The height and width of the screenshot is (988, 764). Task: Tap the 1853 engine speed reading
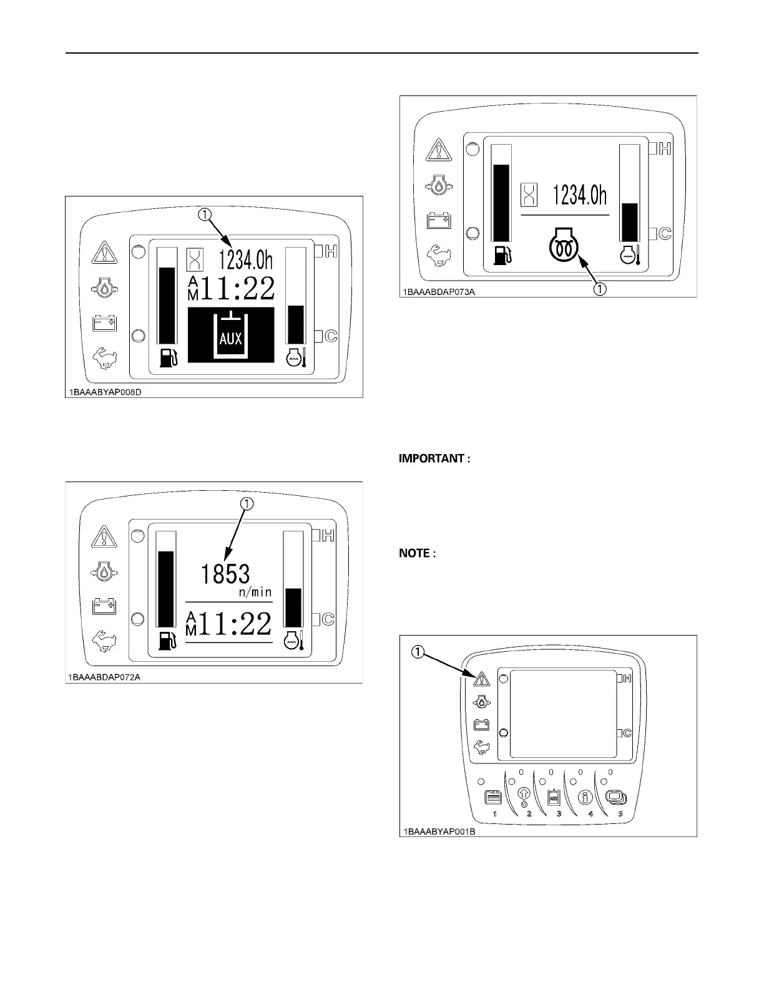[x=225, y=574]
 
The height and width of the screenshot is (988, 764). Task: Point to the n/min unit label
[x=256, y=593]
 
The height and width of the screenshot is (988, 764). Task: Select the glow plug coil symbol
[x=564, y=246]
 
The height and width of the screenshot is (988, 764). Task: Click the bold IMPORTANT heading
[x=434, y=459]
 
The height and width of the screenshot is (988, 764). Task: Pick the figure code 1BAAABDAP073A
[x=438, y=292]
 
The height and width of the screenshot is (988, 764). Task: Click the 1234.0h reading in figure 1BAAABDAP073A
[x=580, y=195]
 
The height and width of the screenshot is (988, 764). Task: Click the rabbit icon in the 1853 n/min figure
[x=104, y=641]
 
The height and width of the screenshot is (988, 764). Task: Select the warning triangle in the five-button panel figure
[x=481, y=679]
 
